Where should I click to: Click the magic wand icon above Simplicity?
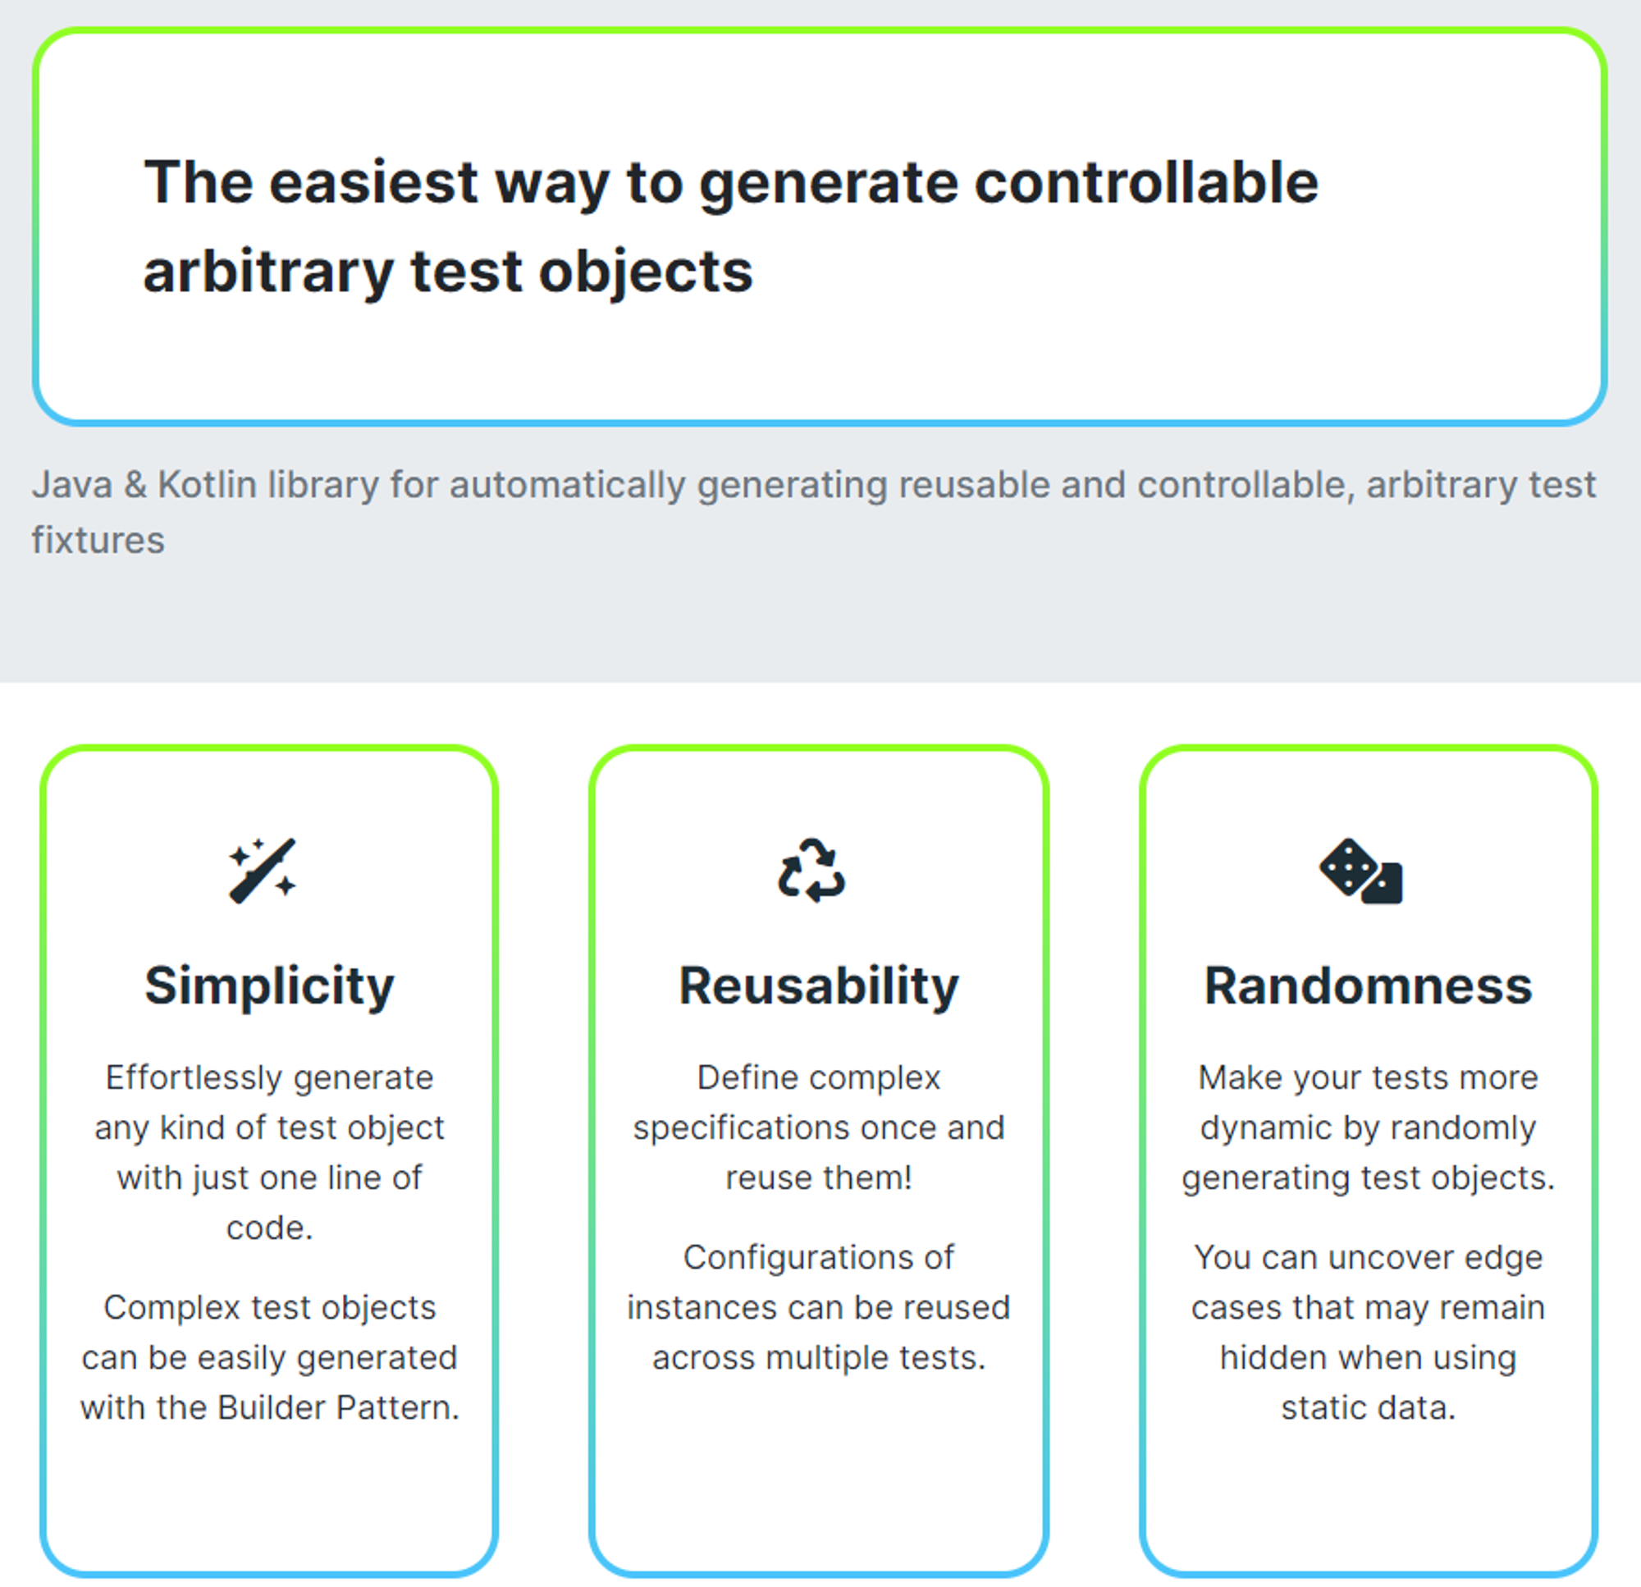tap(262, 870)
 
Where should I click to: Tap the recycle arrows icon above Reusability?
tap(811, 870)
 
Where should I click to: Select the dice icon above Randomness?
tap(1360, 871)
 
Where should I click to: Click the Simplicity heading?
tap(269, 986)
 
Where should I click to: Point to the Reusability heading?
tap(818, 986)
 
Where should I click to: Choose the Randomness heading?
tap(1368, 986)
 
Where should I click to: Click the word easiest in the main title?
tap(373, 181)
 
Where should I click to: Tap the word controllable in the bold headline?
tap(1146, 181)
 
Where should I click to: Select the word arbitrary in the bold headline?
tap(268, 272)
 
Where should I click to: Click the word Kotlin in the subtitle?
tap(207, 485)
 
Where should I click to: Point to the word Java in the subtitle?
tap(72, 485)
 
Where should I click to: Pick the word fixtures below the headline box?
tap(98, 540)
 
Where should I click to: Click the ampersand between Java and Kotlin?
tap(135, 486)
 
